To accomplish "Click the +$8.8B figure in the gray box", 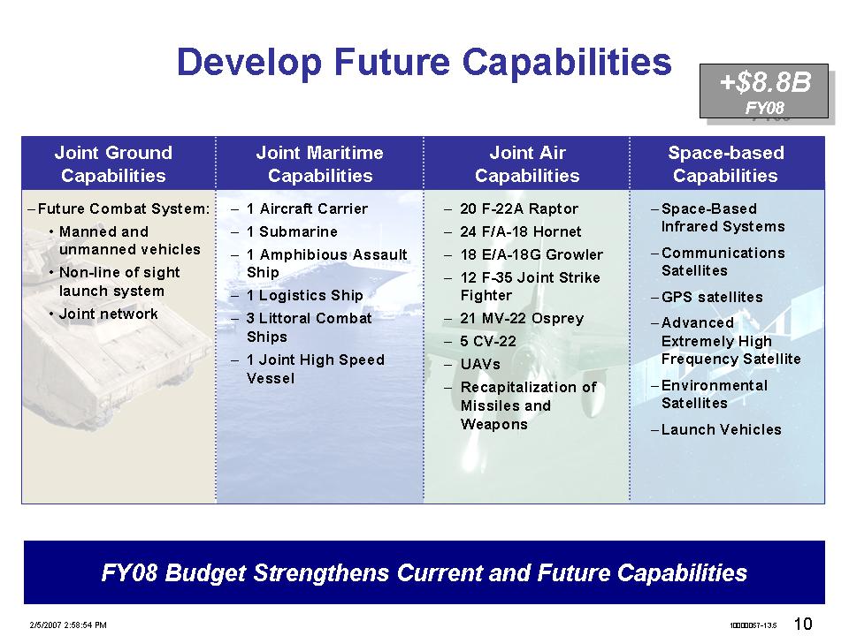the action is point(765,83).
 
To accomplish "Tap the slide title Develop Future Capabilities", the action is point(424,62).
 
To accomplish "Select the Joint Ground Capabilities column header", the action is point(113,164).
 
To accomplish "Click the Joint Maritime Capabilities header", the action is point(320,164).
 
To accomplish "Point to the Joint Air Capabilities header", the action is point(527,164).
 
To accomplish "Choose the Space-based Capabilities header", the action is point(725,164).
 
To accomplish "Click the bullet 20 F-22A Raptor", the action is point(519,208).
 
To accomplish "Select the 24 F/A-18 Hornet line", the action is point(520,232).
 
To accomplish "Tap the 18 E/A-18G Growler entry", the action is point(532,254).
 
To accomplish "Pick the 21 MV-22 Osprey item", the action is point(522,319).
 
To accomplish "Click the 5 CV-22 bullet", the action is point(488,341).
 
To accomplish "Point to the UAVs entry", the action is point(480,365).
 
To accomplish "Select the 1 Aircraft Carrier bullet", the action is point(307,208).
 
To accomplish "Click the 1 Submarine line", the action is point(292,232).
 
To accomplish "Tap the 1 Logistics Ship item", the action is point(304,295).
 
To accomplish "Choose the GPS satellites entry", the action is point(712,297).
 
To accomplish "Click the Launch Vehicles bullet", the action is point(722,429).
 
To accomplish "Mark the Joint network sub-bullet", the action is point(108,314).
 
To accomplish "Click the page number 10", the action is point(803,624).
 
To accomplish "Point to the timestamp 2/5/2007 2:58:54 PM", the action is point(68,625).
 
